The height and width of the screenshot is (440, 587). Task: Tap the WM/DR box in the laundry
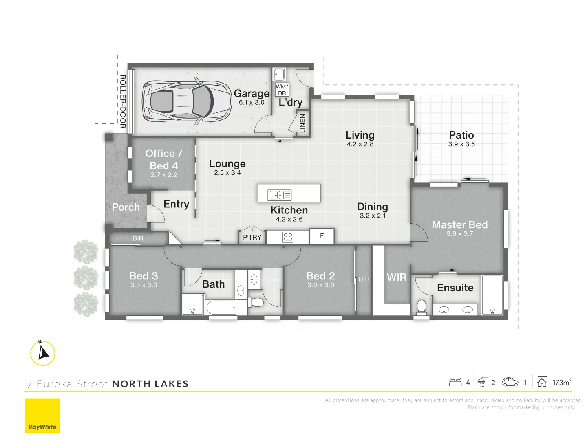(x=282, y=90)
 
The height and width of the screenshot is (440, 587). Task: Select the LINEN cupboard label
(x=302, y=123)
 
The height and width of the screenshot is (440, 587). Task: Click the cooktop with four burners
(x=288, y=237)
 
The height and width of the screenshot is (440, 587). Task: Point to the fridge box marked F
(x=322, y=236)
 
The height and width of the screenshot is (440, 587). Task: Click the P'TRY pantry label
(x=252, y=237)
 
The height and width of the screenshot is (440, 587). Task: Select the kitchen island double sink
(x=279, y=195)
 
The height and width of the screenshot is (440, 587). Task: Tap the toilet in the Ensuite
(x=421, y=307)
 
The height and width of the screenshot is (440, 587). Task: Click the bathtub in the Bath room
(x=221, y=307)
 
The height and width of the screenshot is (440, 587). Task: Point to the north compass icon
(x=43, y=353)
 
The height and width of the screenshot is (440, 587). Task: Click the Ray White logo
(x=42, y=416)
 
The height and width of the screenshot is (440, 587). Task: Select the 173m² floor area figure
(x=561, y=382)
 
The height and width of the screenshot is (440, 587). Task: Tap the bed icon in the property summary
(x=455, y=382)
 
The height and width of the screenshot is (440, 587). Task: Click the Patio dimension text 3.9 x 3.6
(x=461, y=144)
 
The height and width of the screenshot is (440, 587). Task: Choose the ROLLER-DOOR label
(x=122, y=101)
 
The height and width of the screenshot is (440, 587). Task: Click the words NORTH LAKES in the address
(x=150, y=384)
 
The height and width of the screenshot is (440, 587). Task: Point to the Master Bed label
(x=460, y=224)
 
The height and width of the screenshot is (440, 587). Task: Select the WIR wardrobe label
(x=396, y=277)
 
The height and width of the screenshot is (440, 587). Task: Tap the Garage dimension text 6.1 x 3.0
(x=252, y=103)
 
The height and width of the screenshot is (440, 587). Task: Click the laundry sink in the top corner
(x=279, y=74)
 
